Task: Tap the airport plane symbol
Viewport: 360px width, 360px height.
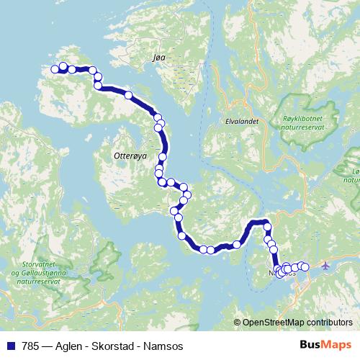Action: tap(325, 266)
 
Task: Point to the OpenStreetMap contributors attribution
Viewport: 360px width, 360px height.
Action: tap(296, 323)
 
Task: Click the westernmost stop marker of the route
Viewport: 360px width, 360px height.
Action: tap(54, 69)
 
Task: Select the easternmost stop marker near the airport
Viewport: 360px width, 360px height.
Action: tap(305, 267)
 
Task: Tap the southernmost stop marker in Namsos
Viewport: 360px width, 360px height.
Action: tap(281, 274)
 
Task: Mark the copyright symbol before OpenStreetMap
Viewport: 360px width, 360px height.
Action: tap(238, 323)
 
